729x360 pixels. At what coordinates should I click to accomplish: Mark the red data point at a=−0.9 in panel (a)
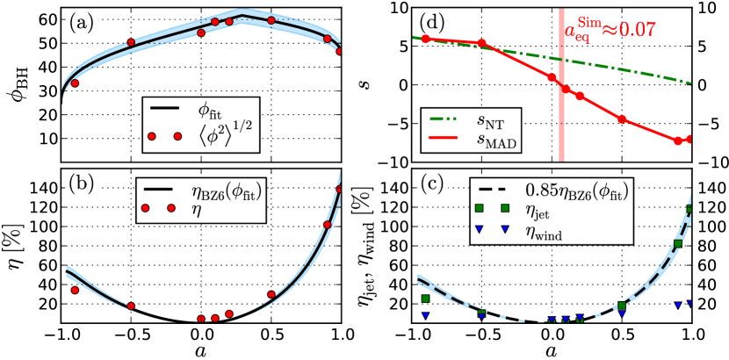tap(75, 83)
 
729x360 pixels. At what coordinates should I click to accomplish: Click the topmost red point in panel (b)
tap(340, 190)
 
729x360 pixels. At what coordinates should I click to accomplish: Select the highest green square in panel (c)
tap(690, 209)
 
